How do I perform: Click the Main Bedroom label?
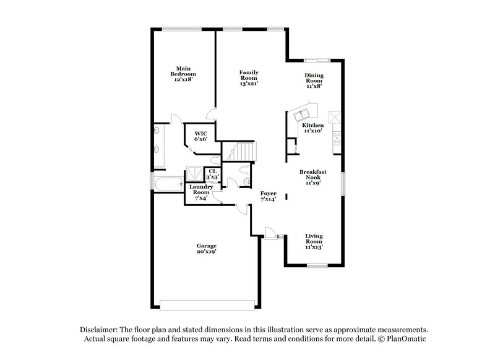[183, 74]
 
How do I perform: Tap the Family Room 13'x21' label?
[249, 77]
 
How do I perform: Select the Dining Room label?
[314, 81]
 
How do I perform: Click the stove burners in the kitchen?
[336, 139]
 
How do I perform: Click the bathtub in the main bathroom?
[168, 184]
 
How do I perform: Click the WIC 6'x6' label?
[200, 136]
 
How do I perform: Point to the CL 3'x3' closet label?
[212, 174]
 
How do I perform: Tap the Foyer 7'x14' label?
[268, 197]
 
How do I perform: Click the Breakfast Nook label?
[312, 178]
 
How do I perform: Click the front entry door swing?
[269, 233]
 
